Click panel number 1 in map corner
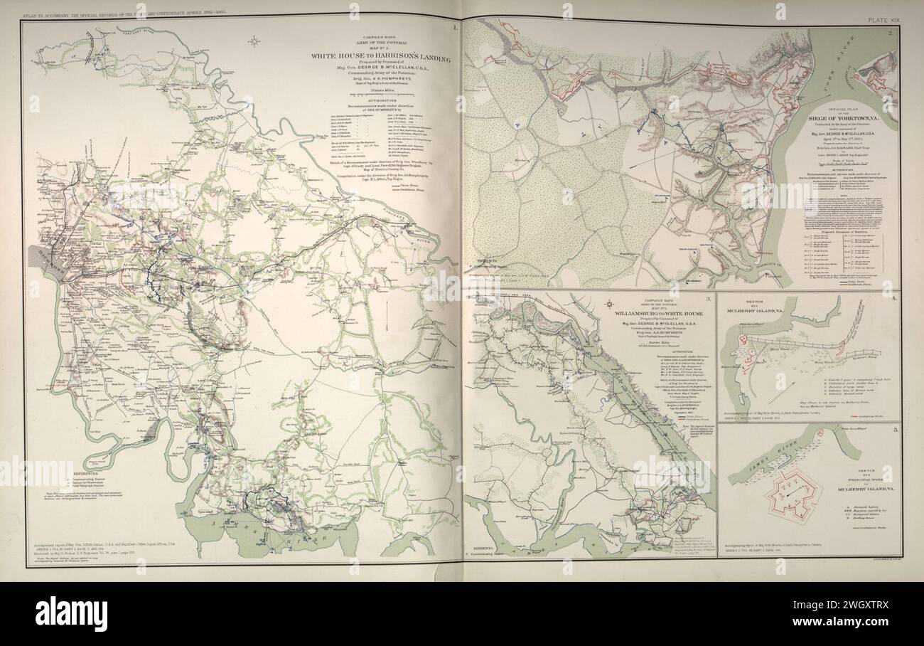tap(454, 28)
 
